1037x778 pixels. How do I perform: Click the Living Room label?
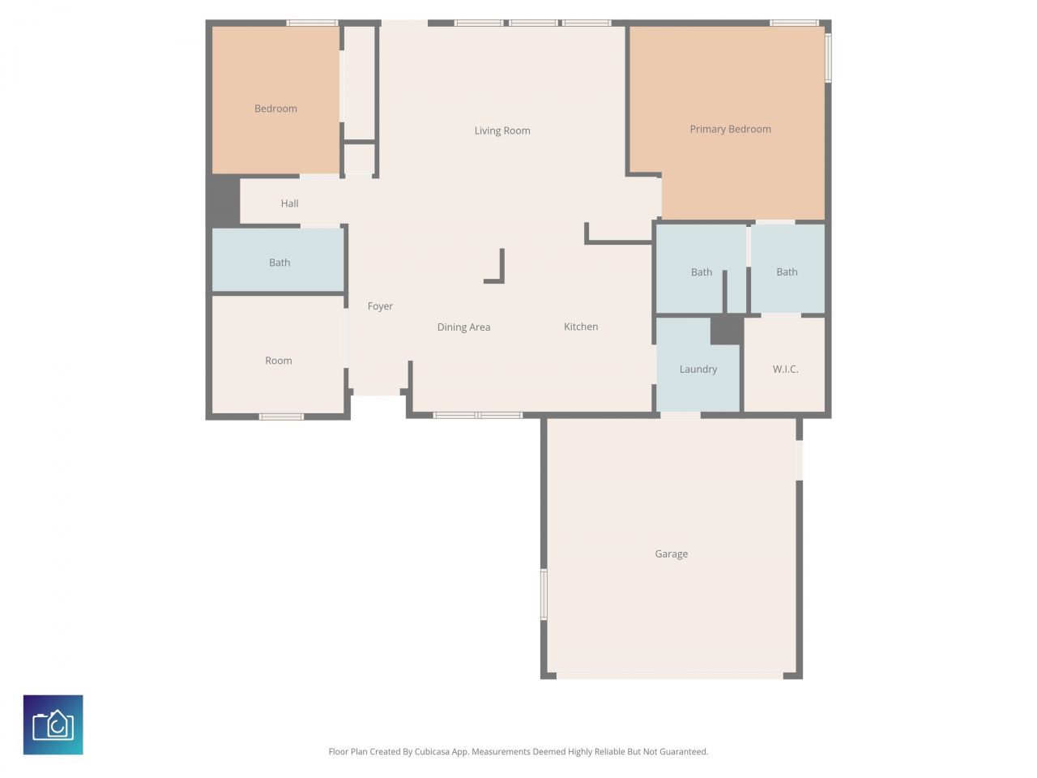(x=502, y=130)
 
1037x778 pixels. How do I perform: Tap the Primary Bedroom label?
(x=730, y=129)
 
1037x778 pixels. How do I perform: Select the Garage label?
(x=671, y=554)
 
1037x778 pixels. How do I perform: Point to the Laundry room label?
(x=698, y=370)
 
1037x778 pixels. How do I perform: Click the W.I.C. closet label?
(x=785, y=370)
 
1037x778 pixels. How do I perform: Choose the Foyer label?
(x=380, y=306)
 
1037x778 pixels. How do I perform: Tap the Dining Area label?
(x=463, y=327)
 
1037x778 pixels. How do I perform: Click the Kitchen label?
(x=581, y=327)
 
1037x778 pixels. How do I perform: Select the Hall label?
(x=289, y=203)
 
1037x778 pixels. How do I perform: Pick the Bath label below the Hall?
(x=280, y=263)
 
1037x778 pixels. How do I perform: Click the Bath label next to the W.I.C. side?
(x=787, y=272)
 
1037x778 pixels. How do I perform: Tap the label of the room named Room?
(x=278, y=361)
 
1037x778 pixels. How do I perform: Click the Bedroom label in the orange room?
(x=275, y=109)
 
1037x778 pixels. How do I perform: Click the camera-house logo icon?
(x=53, y=725)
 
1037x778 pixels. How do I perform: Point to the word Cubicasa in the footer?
(x=433, y=752)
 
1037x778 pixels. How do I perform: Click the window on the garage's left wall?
(x=544, y=594)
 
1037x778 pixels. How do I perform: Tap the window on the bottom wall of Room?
(x=281, y=417)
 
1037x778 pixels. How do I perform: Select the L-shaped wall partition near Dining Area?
(x=500, y=271)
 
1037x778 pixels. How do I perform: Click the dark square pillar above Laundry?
(x=726, y=330)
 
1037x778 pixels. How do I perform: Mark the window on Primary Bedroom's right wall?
(x=828, y=57)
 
